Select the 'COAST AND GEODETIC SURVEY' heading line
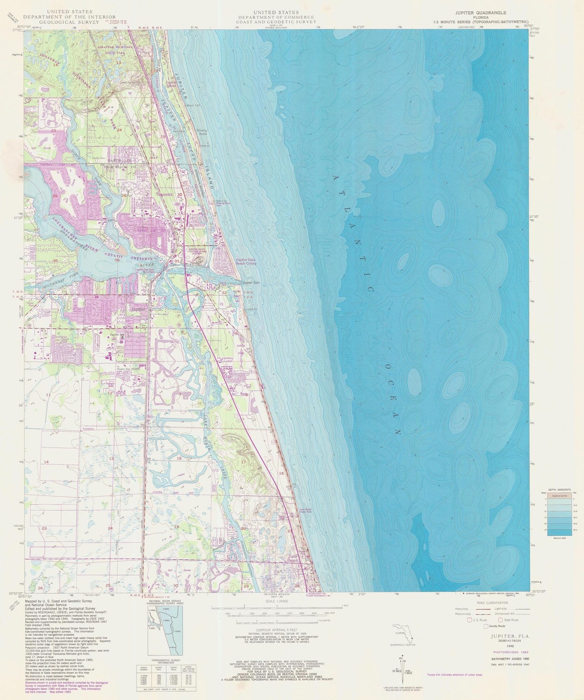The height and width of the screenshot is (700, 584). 276,23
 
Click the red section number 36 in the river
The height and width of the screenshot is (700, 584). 117,261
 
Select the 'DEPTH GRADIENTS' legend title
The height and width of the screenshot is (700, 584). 560,488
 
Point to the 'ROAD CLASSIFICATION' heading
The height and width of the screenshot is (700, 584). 492,603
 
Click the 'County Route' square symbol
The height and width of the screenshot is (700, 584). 486,627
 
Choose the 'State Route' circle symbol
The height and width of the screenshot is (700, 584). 500,620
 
